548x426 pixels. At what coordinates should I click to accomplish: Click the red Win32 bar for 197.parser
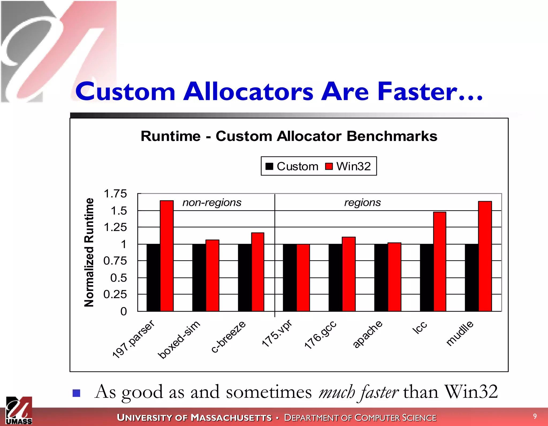[167, 256]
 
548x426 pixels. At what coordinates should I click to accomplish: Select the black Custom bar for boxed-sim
[199, 278]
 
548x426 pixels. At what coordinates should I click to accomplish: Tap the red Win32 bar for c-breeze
[258, 272]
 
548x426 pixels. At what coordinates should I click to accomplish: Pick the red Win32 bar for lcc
[440, 262]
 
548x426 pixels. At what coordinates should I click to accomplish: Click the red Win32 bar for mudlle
[485, 256]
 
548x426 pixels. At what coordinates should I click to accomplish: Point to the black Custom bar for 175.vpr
[290, 278]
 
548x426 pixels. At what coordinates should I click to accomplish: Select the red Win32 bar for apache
[394, 277]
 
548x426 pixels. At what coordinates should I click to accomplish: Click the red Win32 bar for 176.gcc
[349, 274]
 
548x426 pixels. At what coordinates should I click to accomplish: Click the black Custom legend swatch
[269, 166]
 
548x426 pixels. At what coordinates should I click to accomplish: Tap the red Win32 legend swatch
[329, 166]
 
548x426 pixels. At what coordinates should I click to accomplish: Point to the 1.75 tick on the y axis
[115, 194]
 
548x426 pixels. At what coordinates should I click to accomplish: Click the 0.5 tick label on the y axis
[119, 278]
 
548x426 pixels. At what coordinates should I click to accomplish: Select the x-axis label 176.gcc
[320, 335]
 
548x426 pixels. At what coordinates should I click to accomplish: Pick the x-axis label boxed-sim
[179, 340]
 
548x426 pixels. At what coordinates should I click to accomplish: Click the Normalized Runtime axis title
[89, 252]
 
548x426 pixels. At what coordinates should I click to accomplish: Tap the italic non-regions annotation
[212, 202]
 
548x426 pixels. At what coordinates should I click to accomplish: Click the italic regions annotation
[362, 202]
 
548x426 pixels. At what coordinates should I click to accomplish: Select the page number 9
[535, 416]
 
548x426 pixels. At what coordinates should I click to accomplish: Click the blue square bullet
[77, 393]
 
